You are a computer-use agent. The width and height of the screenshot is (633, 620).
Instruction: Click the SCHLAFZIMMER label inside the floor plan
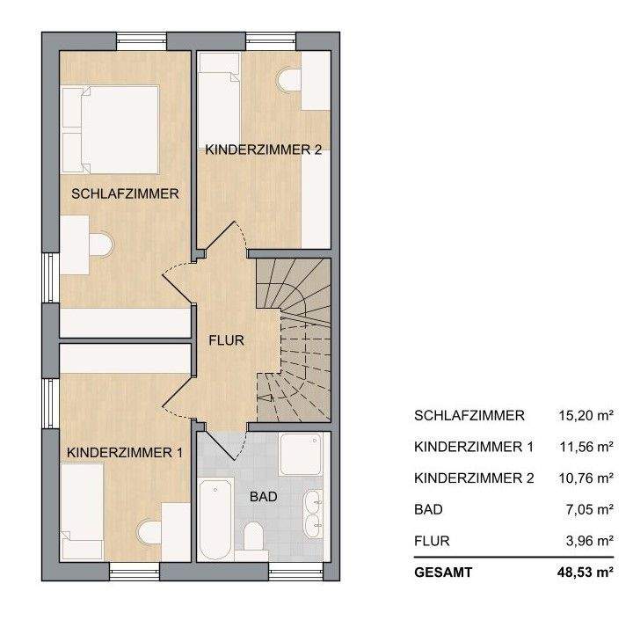coord(125,193)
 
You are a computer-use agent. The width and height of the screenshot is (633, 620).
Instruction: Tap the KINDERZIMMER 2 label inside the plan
coord(262,150)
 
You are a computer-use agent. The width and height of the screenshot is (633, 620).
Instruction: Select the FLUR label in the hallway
coord(226,339)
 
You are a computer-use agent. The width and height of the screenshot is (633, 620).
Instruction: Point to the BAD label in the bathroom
coord(264,497)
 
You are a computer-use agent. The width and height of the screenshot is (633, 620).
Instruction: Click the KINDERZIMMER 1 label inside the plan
coord(124,453)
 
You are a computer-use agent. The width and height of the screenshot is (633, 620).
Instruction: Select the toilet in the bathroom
coord(255,536)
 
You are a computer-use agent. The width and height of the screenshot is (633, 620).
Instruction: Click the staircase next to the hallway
coord(294,339)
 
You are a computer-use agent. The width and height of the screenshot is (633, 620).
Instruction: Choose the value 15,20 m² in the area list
coord(586,415)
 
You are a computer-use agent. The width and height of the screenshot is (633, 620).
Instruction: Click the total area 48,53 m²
coord(584,572)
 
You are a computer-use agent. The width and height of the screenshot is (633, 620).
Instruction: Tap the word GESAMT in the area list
coord(443,572)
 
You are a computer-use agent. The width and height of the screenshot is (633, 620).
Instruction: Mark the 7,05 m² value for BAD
coord(590,509)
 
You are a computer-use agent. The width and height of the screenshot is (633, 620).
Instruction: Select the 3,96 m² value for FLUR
coord(590,541)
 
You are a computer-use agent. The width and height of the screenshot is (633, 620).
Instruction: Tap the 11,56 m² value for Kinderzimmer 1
coord(586,447)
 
